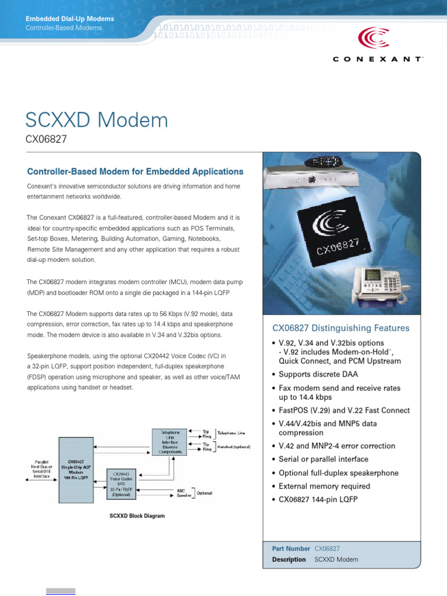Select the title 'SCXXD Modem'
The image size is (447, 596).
[97, 120]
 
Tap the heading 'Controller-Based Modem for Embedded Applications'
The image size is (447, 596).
[135, 172]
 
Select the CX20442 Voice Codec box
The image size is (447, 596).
[121, 486]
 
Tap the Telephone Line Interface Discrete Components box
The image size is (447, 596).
[166, 442]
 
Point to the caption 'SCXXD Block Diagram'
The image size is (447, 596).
[137, 516]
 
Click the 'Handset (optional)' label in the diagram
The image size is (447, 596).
[233, 447]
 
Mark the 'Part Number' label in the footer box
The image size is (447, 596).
[291, 549]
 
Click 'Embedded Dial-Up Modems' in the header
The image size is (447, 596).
[70, 19]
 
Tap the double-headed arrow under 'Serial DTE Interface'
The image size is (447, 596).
[40, 480]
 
